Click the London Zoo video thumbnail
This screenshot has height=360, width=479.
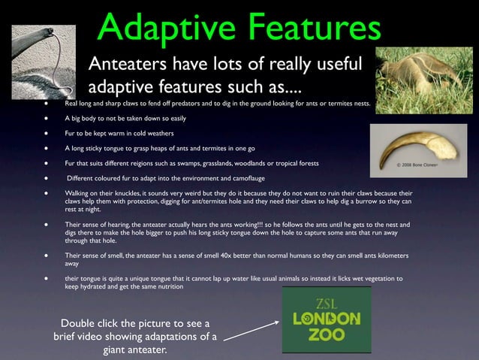click(x=326, y=319)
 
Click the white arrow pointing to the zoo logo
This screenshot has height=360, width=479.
click(x=252, y=330)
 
